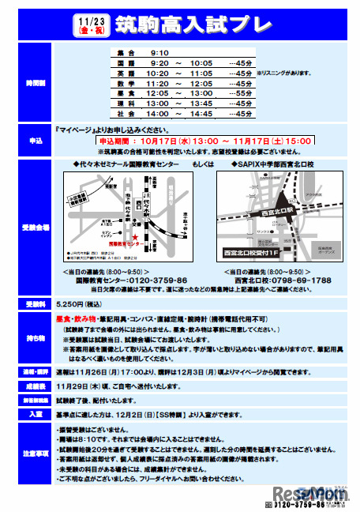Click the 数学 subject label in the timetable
(125, 82)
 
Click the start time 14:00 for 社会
(158, 114)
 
